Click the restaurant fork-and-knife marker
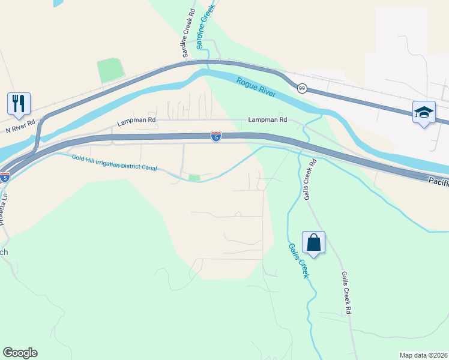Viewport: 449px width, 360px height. click(x=19, y=103)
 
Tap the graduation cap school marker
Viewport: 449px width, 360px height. click(x=424, y=112)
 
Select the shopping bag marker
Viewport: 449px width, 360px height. click(x=313, y=242)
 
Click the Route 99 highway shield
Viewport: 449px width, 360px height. click(x=302, y=88)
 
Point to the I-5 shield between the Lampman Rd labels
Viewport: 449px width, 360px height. click(x=215, y=137)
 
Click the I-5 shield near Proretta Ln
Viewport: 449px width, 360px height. click(x=5, y=178)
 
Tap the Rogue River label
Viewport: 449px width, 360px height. click(x=256, y=88)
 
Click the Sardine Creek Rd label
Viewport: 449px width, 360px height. click(x=187, y=34)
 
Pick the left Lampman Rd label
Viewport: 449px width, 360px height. click(x=136, y=121)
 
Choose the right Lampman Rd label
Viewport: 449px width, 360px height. click(x=267, y=120)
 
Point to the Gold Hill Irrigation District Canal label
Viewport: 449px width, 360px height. click(x=114, y=163)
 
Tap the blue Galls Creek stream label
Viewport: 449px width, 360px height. click(x=298, y=260)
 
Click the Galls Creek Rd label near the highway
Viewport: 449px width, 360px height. click(x=309, y=180)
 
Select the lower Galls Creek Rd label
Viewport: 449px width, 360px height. click(x=346, y=293)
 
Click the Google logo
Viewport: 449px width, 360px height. click(x=20, y=353)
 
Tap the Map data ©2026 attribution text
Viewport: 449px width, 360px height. click(x=423, y=355)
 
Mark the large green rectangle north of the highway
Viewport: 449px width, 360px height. click(x=111, y=70)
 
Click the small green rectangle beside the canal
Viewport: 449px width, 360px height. click(x=194, y=178)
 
